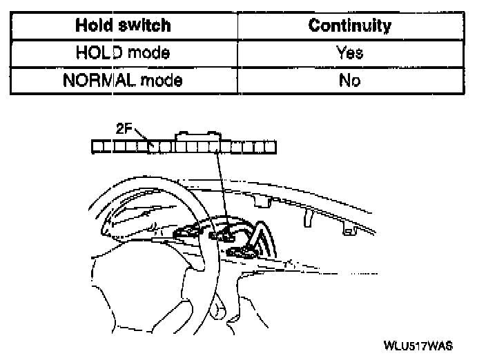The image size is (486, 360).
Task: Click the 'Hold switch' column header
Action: coord(124,26)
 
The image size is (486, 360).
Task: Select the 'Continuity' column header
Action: coord(349,26)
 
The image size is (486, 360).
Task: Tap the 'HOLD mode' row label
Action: coord(124,52)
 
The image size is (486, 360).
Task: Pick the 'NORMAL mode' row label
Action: coord(123,80)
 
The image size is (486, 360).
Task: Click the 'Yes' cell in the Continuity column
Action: coord(350,52)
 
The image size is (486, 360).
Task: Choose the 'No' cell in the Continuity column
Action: coord(350,80)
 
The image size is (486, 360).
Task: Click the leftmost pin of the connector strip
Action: coord(98,146)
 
